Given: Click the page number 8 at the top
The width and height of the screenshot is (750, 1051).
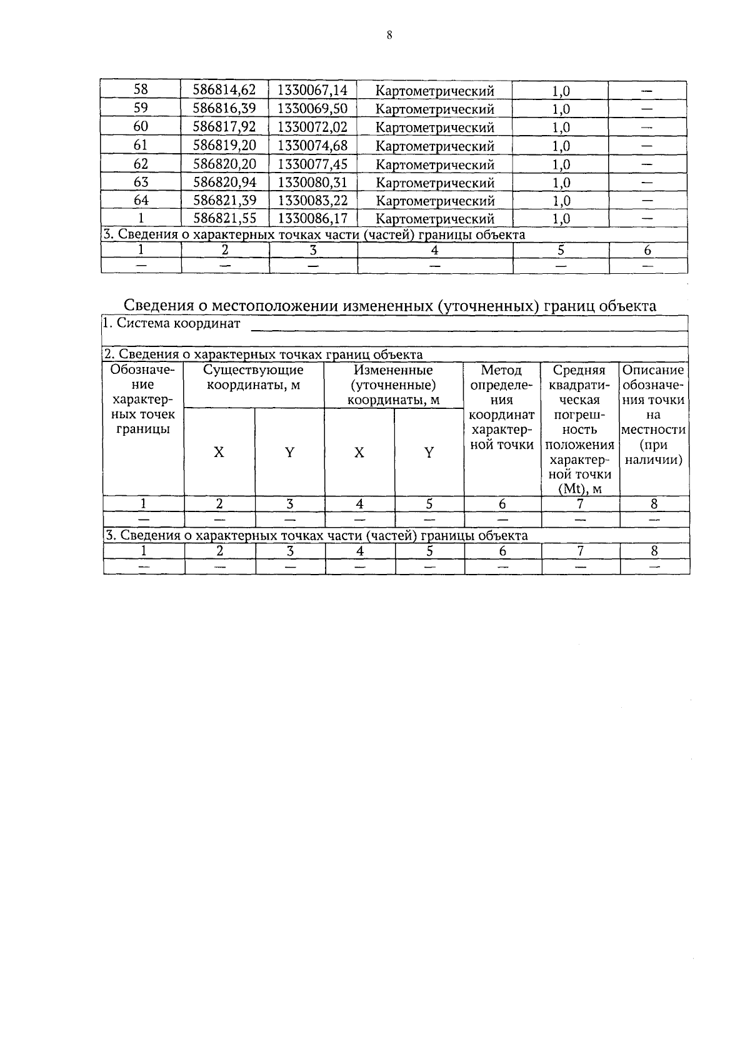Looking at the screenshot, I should tap(389, 36).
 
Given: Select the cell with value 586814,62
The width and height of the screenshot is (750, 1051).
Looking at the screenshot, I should tap(224, 90).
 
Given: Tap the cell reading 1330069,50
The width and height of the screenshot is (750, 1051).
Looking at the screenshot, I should tap(312, 109).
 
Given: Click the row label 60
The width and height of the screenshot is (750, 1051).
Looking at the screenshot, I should tap(141, 127).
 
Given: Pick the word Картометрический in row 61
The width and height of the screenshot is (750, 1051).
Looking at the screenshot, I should tap(435, 146).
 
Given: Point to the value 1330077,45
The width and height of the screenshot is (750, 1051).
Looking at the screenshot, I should tap(312, 164).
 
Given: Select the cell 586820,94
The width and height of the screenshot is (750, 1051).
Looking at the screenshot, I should tap(224, 183).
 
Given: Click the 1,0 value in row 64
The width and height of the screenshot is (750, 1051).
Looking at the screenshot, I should tap(561, 201).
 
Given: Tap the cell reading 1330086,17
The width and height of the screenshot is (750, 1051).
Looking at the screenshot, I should tap(312, 219).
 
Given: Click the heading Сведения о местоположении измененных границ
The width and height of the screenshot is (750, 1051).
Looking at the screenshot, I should tap(390, 306).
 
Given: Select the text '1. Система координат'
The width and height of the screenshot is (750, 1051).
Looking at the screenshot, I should tap(172, 324).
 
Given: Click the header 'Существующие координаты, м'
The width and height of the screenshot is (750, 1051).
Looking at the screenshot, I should tap(253, 377).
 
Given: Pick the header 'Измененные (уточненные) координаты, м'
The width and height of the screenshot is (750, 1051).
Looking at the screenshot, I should tap(393, 385).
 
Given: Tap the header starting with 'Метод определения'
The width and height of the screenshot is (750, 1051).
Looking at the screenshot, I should tap(501, 407).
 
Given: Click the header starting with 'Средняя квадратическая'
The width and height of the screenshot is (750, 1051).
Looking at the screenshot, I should tap(579, 429).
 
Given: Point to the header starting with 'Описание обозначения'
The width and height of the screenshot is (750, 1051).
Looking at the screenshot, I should tap(654, 415).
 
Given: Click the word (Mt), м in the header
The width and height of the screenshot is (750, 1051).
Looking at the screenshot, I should tap(579, 489).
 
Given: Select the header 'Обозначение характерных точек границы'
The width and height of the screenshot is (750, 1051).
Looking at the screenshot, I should tap(142, 400).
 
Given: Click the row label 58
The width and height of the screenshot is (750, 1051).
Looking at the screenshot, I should tap(141, 90).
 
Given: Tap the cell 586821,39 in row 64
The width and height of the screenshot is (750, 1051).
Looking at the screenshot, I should tap(224, 201).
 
